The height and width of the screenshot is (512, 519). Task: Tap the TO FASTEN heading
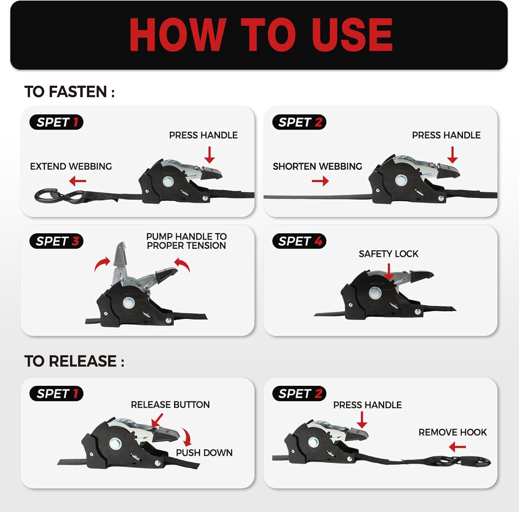click(x=70, y=92)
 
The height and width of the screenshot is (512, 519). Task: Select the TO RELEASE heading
click(x=74, y=361)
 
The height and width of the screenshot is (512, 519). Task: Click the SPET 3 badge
click(x=57, y=241)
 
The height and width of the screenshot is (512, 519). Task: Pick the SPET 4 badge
click(x=299, y=241)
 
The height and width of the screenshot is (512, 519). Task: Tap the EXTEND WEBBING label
click(x=71, y=166)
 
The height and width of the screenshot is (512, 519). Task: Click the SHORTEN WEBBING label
click(x=317, y=166)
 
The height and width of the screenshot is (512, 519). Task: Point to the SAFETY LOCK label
click(x=389, y=254)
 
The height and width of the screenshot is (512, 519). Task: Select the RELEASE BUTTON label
click(x=170, y=405)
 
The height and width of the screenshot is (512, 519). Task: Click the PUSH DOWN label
click(x=204, y=453)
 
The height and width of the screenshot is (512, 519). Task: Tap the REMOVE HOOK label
click(x=453, y=432)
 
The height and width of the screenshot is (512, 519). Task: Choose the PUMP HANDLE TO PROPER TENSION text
click(x=186, y=241)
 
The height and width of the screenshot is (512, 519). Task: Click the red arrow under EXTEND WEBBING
click(x=78, y=181)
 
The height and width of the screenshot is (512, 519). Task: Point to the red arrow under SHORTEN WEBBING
click(x=320, y=181)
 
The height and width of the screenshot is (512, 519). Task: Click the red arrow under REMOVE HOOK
click(x=457, y=447)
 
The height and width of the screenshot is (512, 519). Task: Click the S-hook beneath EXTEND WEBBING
click(x=59, y=196)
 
